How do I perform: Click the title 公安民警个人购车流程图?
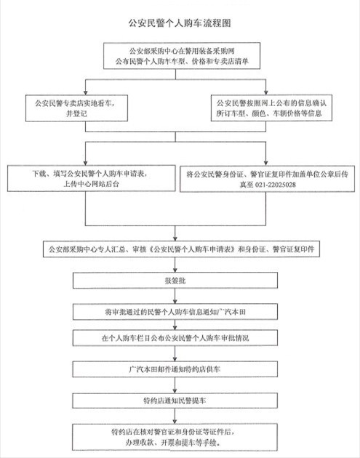click(179, 23)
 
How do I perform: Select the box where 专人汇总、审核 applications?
click(179, 249)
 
